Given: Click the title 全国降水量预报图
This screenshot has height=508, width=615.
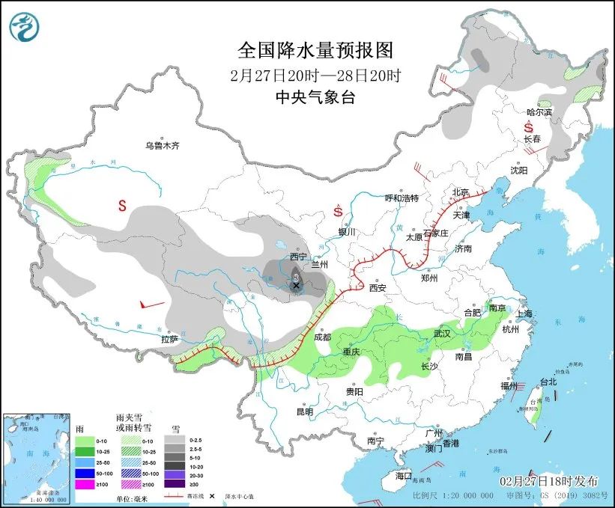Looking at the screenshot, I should coord(315,50).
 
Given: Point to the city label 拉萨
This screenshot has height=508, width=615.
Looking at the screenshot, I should coord(169,339).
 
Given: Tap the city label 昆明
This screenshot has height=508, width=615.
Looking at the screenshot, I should coord(304,411).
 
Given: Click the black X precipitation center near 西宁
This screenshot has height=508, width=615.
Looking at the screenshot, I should coord(296,286).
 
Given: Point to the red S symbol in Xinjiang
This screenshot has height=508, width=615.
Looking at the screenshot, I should coord(121,204).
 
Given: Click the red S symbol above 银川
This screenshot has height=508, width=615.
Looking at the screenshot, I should coord(338,212).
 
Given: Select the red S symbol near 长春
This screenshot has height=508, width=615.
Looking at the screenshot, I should coord(528,128).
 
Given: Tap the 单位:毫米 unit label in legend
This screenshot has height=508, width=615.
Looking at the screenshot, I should coord(128,498).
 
